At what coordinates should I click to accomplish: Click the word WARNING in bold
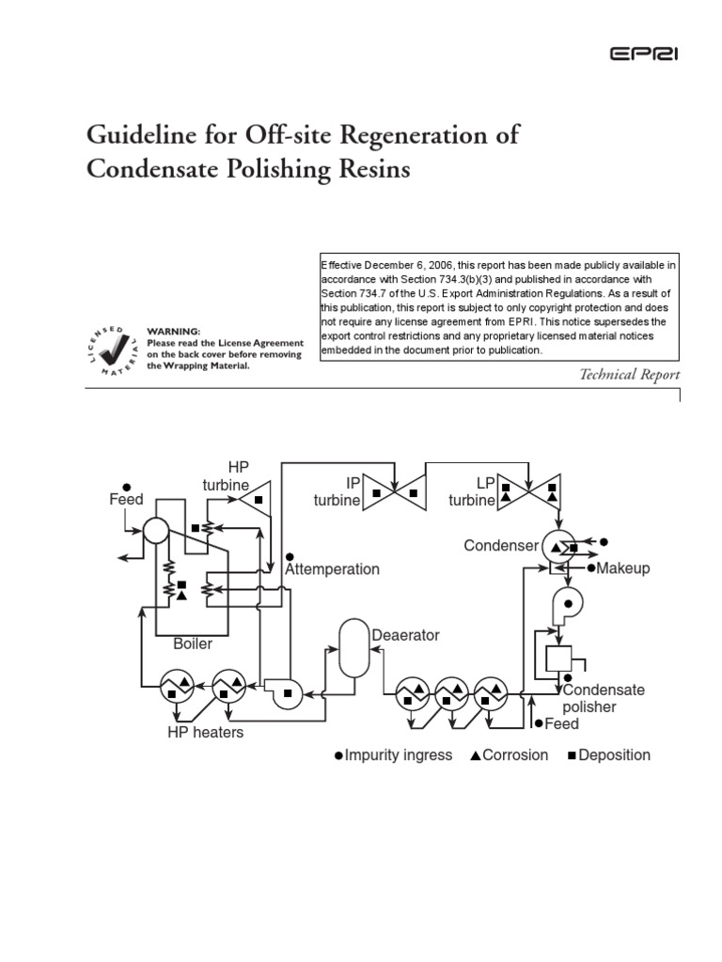click(174, 332)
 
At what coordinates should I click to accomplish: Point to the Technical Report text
click(629, 375)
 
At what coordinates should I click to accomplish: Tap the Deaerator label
click(405, 635)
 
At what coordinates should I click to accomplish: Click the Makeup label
click(623, 568)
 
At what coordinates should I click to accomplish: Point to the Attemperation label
click(332, 568)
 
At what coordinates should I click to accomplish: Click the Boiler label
click(192, 644)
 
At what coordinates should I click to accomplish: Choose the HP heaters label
click(205, 732)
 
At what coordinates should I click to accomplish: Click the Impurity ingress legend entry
click(393, 754)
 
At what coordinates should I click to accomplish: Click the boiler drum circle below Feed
click(154, 531)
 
